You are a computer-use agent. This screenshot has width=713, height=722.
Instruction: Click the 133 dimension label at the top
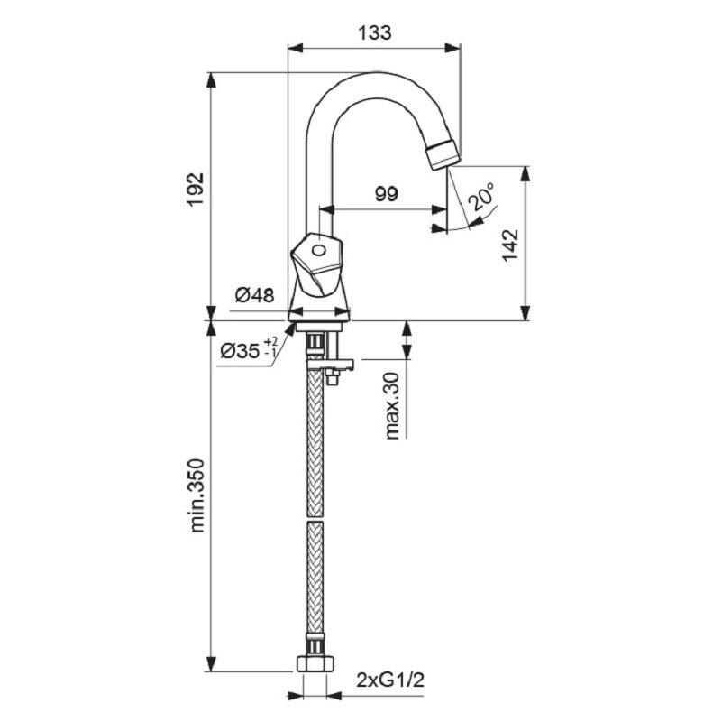374,32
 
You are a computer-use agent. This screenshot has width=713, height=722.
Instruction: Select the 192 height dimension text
197,190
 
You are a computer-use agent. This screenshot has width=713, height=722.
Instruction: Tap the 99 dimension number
386,194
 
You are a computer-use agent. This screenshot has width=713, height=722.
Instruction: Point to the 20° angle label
481,196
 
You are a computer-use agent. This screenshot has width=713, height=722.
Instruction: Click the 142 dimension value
509,245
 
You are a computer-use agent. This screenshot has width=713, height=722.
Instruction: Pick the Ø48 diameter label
254,295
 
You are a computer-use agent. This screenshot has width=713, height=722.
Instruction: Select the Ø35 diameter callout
240,352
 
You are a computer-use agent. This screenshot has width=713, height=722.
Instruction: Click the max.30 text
392,406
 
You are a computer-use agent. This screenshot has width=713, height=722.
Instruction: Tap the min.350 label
197,495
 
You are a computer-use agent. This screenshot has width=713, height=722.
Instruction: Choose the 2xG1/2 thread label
390,680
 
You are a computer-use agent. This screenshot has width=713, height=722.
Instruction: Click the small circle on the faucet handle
318,251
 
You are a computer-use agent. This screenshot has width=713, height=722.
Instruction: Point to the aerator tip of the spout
443,155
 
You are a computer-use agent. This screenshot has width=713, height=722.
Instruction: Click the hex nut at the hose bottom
315,663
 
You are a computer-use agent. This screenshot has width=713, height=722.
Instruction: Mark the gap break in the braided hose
315,519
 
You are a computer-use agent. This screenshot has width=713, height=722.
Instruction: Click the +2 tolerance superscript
271,342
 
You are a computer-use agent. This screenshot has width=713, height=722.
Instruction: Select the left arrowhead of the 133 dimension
296,48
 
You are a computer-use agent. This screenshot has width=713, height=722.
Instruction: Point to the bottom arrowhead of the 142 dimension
525,312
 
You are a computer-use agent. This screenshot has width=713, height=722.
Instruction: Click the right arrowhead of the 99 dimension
438,209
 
